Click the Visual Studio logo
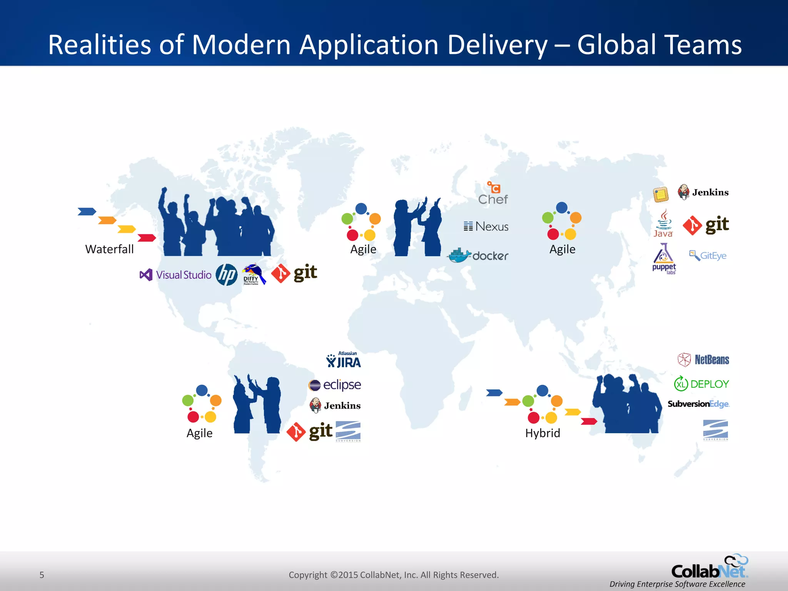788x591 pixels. tap(175, 275)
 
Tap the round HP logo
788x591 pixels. tap(226, 275)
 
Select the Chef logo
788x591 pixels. tap(493, 194)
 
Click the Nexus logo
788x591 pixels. tap(486, 226)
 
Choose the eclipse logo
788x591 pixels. tap(335, 384)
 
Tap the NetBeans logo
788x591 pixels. tap(703, 360)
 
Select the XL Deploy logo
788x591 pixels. tap(701, 384)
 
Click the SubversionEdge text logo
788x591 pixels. tap(698, 404)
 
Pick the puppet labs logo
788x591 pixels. tap(664, 259)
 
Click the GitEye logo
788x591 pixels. tap(708, 255)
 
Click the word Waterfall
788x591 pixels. tap(109, 249)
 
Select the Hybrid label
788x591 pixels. tap(543, 433)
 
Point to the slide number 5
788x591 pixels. tap(42, 575)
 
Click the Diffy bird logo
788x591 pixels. tap(253, 274)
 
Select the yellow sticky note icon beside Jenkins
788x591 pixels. tap(661, 194)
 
